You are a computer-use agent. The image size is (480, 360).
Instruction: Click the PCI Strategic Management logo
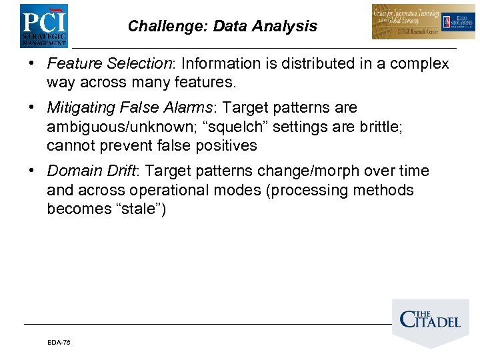[x=43, y=26]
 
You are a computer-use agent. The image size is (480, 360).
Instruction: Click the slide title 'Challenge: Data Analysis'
[x=222, y=27]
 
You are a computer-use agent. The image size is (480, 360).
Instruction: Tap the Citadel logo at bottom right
[x=431, y=321]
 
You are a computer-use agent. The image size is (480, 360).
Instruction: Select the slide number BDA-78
[x=59, y=342]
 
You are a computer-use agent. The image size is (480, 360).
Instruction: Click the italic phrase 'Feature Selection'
[x=109, y=64]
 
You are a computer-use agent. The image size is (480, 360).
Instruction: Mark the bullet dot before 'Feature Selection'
[x=32, y=65]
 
